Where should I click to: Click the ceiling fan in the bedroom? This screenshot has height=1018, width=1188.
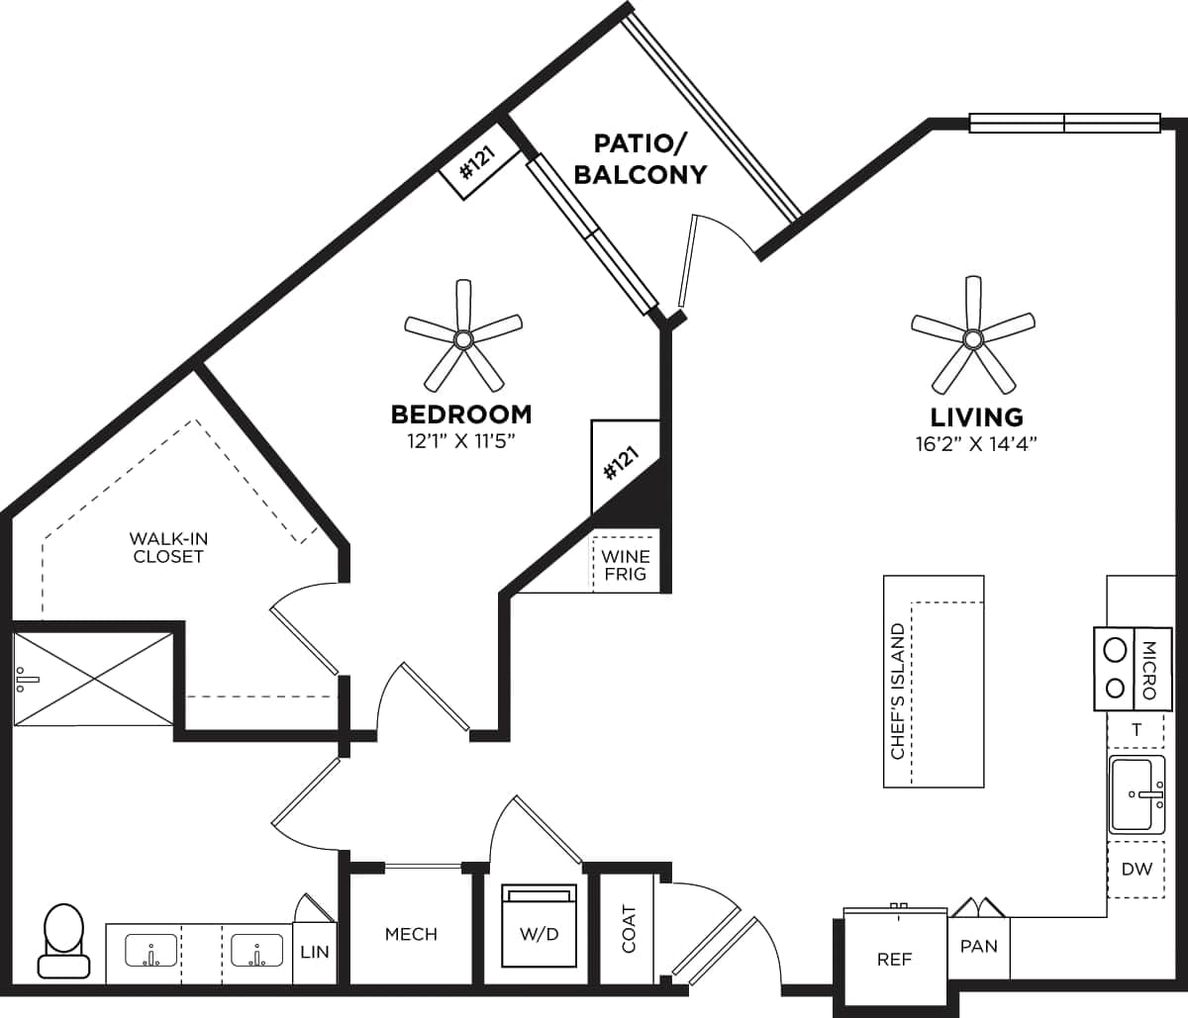coord(463,339)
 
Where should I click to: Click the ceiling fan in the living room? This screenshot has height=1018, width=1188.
coord(972,339)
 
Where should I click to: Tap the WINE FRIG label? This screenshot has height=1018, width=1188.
coord(626,565)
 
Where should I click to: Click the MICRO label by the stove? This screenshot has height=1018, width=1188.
coord(1149,670)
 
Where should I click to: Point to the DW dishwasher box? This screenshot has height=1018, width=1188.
coord(1137,870)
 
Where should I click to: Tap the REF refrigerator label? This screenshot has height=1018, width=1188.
coord(894,959)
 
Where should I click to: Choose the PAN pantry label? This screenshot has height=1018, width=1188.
coord(978,946)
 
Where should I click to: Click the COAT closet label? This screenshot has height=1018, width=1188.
coord(629,929)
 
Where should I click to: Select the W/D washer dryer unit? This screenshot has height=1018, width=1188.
coord(540,927)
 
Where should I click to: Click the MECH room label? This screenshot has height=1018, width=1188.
coord(411,934)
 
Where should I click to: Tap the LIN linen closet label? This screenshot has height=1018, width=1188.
coord(315,952)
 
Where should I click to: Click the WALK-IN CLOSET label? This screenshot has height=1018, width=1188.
coord(168,547)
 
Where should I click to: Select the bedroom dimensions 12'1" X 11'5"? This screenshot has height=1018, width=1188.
coord(460,439)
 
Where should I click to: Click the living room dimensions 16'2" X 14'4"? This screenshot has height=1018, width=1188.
coord(975,443)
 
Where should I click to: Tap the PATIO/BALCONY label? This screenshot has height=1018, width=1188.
coord(641,157)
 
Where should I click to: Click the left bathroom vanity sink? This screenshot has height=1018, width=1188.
coord(150,951)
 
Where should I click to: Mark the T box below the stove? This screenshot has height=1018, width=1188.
coord(1137,730)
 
